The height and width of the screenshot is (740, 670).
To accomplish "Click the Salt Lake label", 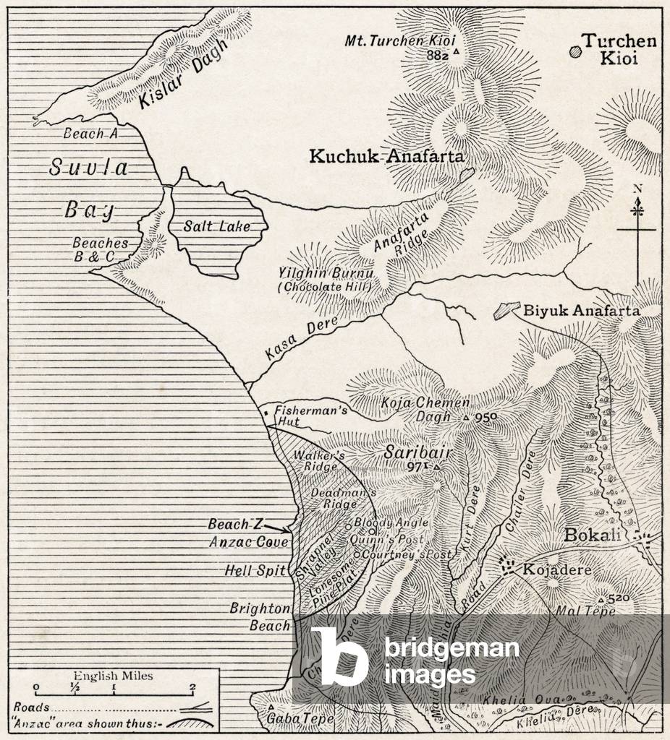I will pos(216,226).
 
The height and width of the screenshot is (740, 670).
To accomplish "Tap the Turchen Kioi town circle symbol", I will pos(575,51).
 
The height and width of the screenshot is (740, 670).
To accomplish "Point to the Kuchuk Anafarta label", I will pos(386,156).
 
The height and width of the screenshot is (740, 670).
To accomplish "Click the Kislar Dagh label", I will pos(182,74).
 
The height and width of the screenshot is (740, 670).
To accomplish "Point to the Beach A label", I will pos(90,133).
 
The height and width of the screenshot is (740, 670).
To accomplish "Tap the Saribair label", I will pos(418,452).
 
